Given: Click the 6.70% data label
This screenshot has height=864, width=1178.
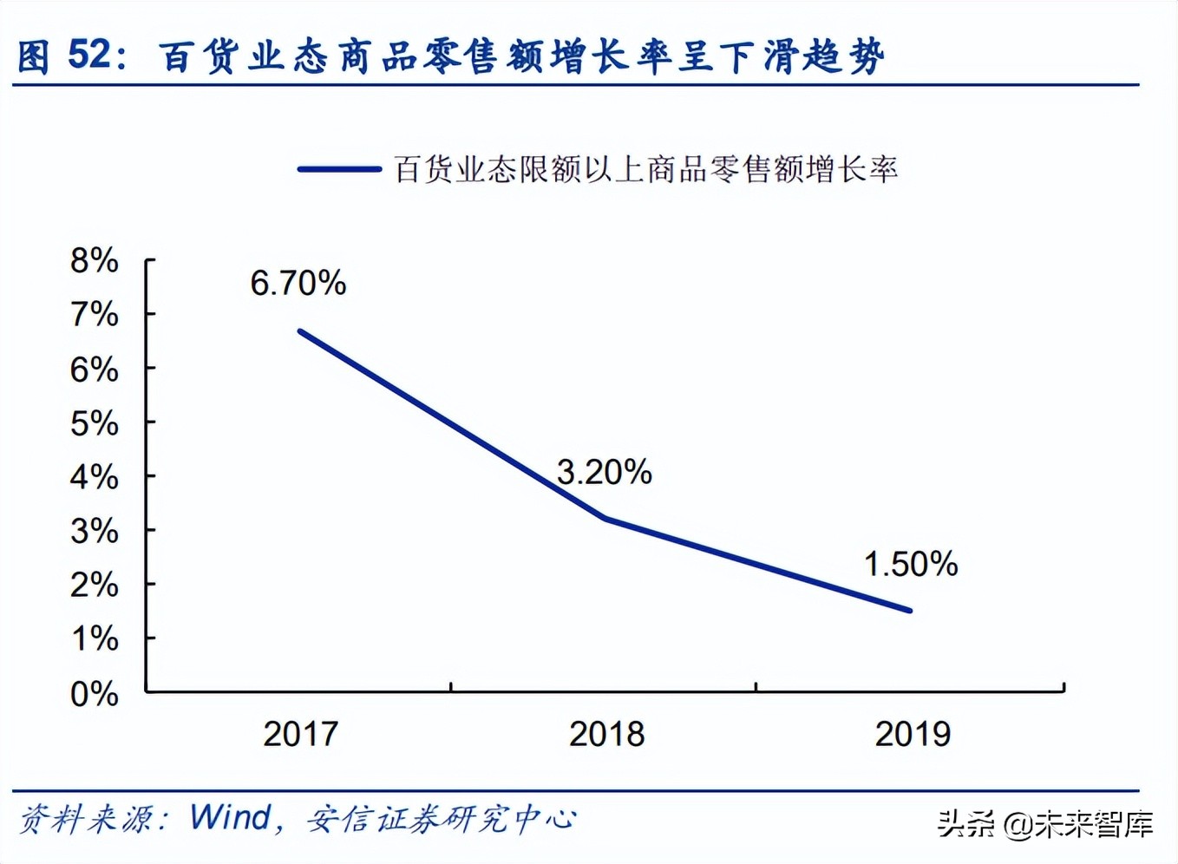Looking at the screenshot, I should pos(298,284).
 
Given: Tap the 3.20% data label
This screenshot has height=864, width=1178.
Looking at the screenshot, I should pos(604,473).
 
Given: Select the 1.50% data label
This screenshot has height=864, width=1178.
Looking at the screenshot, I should pos(911,565).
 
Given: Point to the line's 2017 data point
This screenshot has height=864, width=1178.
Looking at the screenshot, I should pos(299,331).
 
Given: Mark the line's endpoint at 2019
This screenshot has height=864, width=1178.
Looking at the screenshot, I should pos(910,611).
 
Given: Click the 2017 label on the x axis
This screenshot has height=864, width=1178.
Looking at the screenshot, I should pos(300,735).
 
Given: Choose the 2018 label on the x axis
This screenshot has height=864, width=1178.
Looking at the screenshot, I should pos(606,735).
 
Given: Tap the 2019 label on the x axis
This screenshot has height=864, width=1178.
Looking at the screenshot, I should pos(913,735).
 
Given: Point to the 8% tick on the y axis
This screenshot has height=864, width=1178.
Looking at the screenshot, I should pos(95,260).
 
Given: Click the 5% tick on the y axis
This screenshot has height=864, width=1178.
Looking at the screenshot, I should pos(95,423).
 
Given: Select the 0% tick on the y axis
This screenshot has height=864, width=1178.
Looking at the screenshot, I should pos(95,694).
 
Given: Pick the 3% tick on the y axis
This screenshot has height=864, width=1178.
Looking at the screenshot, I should pos(95,531).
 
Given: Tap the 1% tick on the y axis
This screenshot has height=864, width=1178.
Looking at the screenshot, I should pos(95,639).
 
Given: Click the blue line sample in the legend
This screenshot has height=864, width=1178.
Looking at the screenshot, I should pos(339,169).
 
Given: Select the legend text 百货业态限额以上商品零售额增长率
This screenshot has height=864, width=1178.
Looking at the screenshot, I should pos(645,169).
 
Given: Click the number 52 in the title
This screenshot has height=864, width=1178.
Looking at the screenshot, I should pos(89,56).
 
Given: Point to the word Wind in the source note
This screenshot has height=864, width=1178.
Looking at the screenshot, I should pos(231,817).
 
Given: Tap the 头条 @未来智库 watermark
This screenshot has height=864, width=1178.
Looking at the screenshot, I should pos(1045,823).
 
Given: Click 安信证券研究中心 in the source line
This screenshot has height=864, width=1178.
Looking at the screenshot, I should pos(441,818).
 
